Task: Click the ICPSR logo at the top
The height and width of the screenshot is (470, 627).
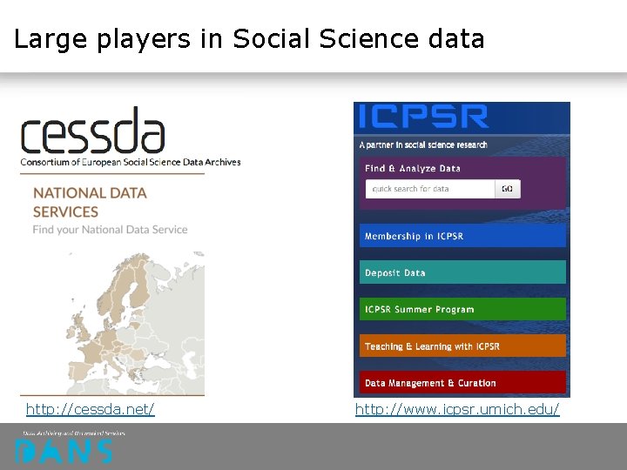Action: point(424,117)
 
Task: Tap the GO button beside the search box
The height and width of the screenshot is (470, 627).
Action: point(507,189)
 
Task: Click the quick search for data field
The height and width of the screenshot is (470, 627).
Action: point(430,189)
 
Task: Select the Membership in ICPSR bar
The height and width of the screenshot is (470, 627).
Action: point(462,236)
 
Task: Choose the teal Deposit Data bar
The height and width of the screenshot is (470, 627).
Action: point(462,272)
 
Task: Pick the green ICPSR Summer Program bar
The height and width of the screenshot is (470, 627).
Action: point(462,309)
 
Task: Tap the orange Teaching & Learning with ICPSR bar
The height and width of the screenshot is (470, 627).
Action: point(462,346)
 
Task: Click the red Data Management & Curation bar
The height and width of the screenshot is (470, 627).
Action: point(462,383)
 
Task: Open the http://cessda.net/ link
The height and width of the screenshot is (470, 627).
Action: point(91,409)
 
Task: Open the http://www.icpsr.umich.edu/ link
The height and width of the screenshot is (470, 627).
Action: point(457,409)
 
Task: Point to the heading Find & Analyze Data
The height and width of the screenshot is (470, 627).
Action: point(413,168)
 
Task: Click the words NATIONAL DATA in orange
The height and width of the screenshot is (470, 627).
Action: point(90,192)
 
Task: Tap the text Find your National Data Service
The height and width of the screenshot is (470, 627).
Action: point(111,230)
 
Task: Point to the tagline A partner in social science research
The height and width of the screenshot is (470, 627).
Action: point(423,144)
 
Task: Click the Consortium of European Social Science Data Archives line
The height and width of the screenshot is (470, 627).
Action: point(131,162)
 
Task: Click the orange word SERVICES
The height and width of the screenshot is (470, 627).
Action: point(65,211)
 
